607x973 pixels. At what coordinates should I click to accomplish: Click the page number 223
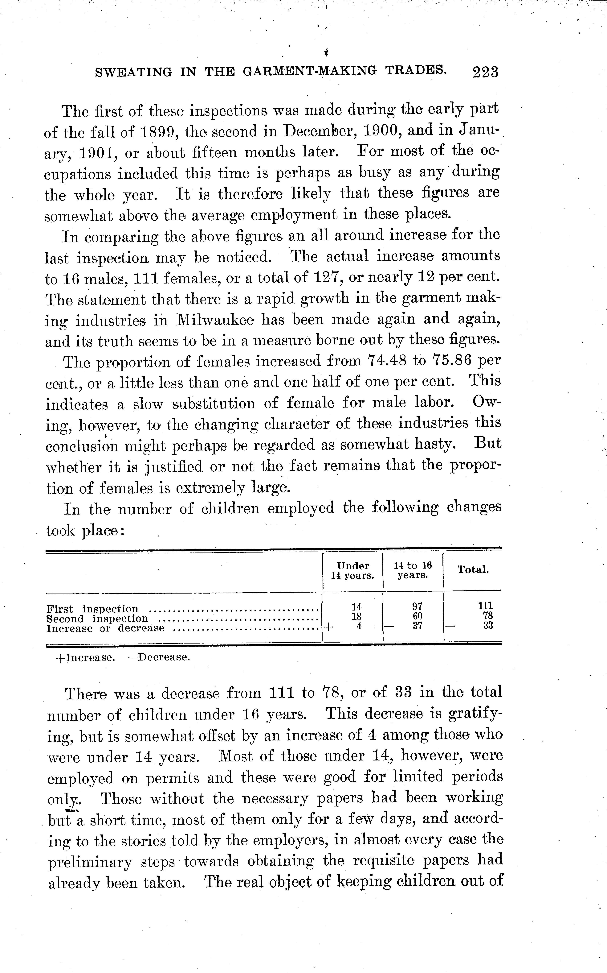(485, 72)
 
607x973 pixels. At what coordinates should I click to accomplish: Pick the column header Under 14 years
(352, 570)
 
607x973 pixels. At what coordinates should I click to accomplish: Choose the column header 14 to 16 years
(413, 570)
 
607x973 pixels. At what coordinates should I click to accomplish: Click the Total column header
(473, 570)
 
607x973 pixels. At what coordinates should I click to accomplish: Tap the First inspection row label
(92, 609)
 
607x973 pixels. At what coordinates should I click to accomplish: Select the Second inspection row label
(97, 619)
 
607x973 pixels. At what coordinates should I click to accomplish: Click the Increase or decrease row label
(105, 628)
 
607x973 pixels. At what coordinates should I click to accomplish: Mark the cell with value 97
(418, 606)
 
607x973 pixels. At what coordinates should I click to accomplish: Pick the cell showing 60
(418, 616)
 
